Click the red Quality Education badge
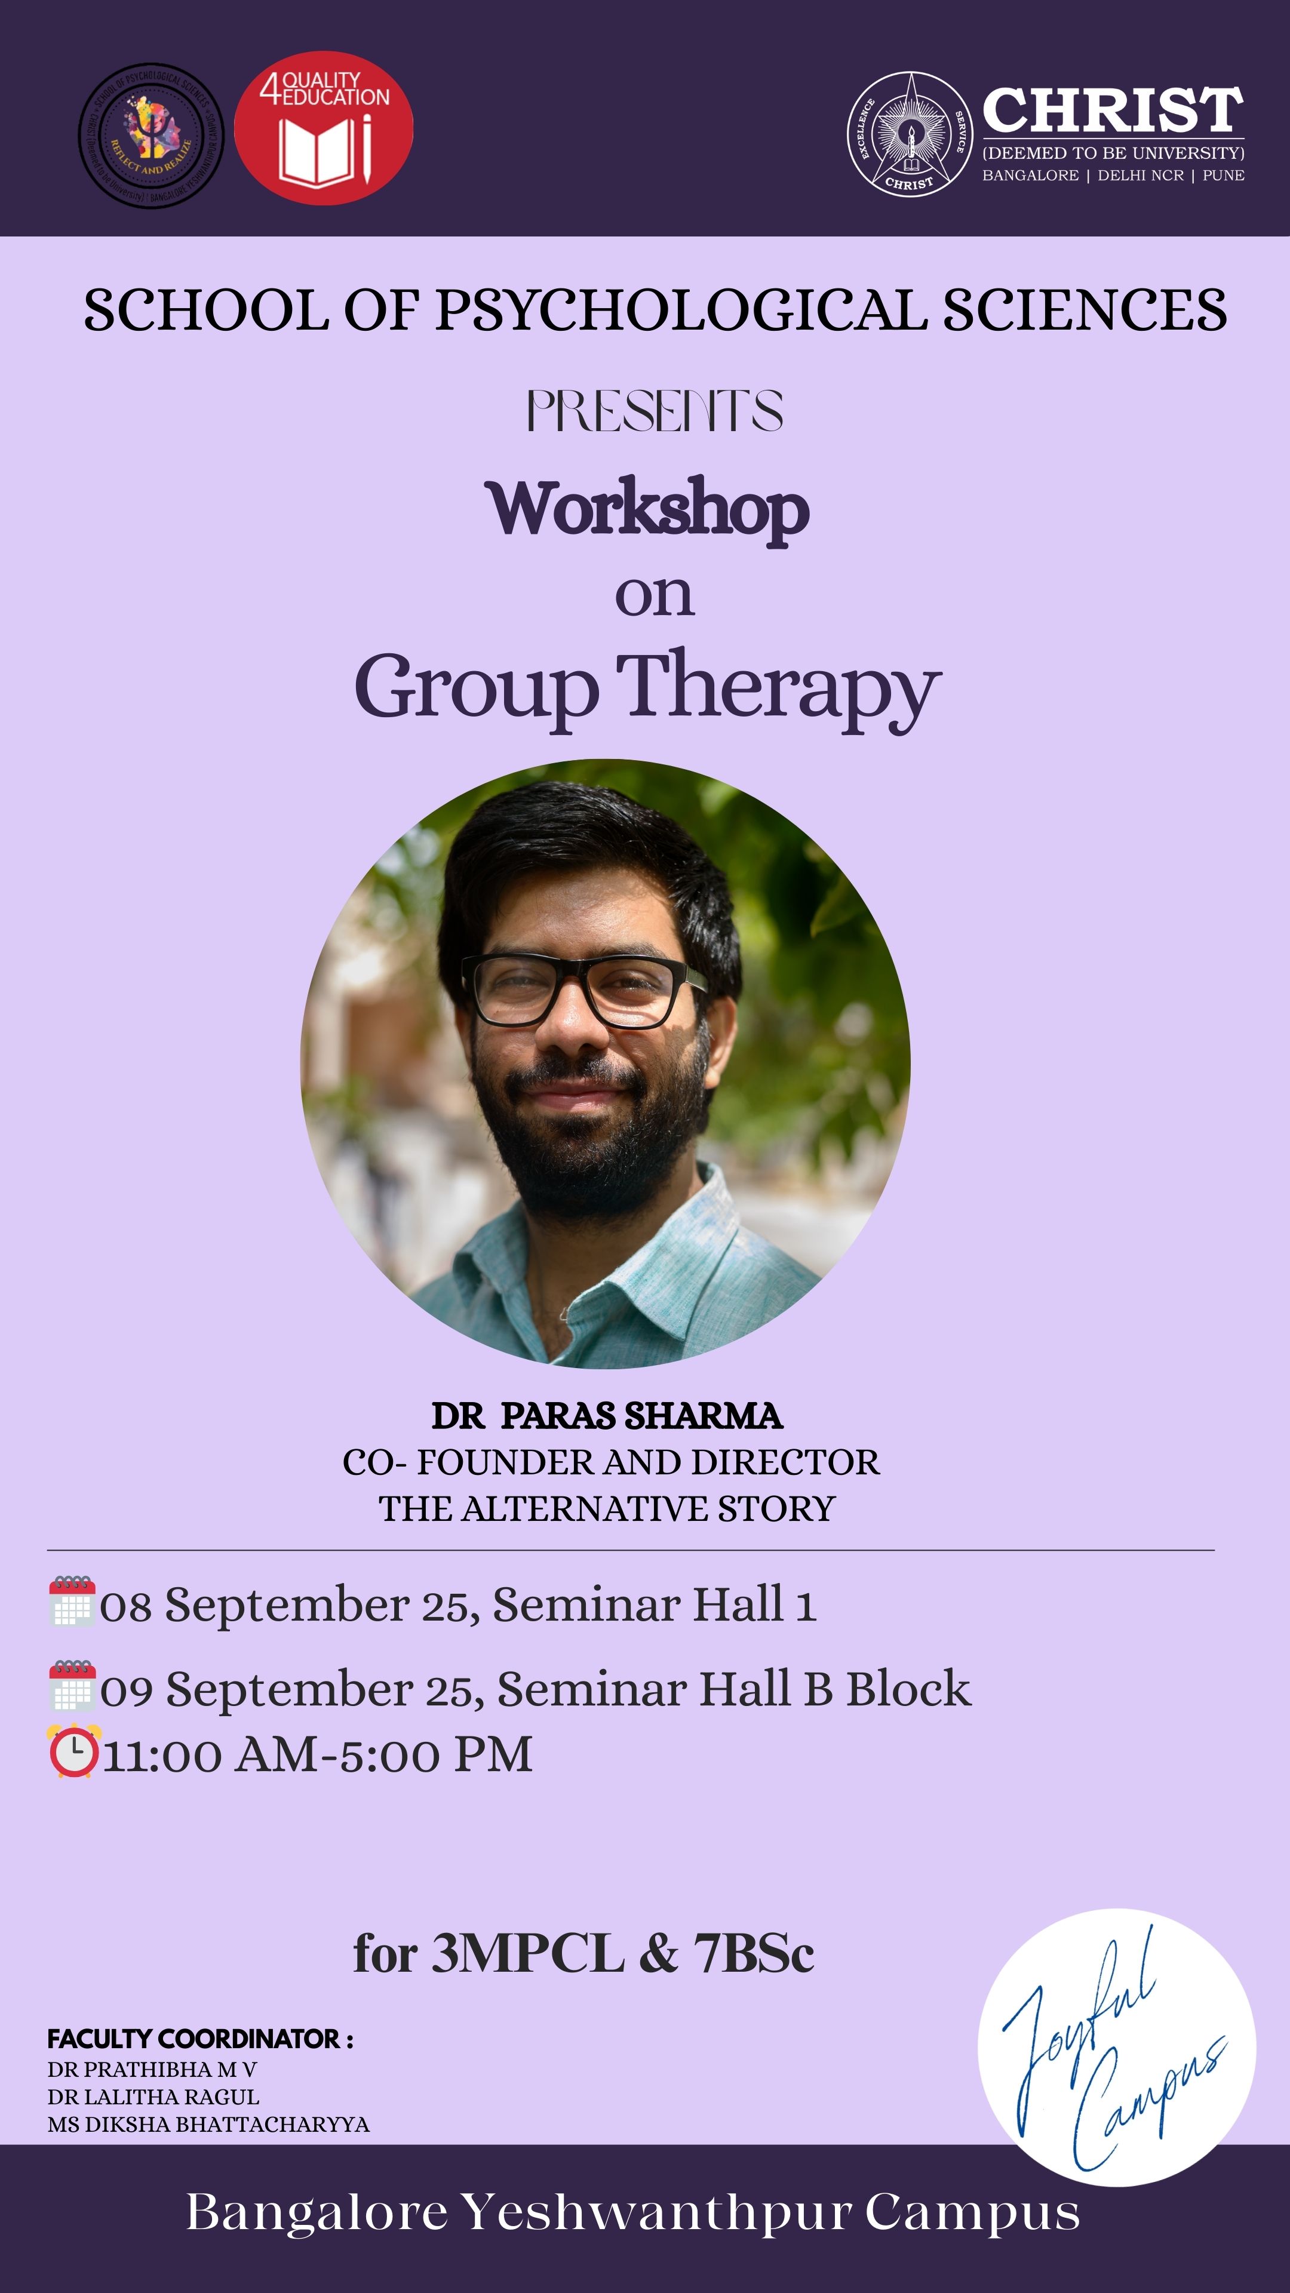pos(323,128)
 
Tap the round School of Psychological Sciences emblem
pos(151,136)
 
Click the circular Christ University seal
pos(909,134)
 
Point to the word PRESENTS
pos(655,411)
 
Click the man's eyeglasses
pos(583,990)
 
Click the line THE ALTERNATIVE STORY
pos(607,1509)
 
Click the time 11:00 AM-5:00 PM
pos(318,1754)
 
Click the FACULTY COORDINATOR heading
pos(200,2039)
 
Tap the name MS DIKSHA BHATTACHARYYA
pos(208,2124)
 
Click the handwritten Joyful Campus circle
pos(1116,2048)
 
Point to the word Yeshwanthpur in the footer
pos(657,2212)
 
